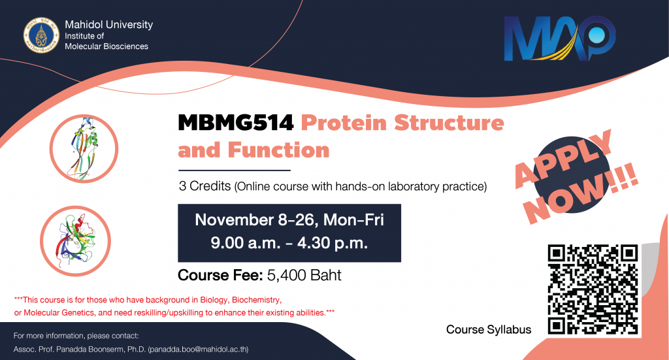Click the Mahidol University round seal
[41, 35]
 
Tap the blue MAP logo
[560, 39]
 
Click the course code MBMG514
[235, 123]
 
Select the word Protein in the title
[344, 123]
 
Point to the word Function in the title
[278, 150]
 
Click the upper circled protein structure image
[84, 149]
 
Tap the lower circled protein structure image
[76, 241]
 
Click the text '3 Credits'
[204, 186]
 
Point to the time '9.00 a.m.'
[246, 242]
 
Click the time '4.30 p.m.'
[333, 242]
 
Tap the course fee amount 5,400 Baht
[304, 275]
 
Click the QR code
[593, 289]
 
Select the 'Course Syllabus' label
[489, 329]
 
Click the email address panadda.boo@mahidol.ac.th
[198, 349]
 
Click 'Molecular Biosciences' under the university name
[106, 46]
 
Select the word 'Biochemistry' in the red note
[256, 300]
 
